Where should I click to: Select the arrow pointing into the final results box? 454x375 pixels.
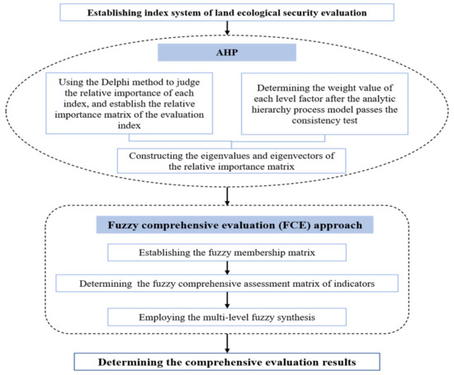pyautogui.click(x=227, y=341)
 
